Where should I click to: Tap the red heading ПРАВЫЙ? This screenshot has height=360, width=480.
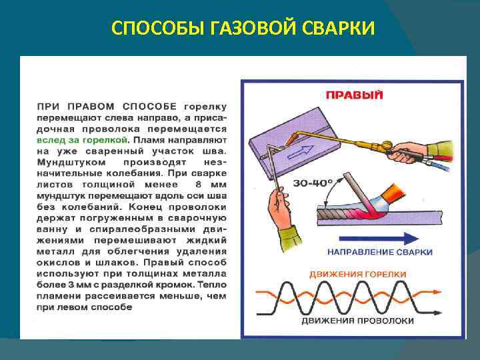(x=354, y=95)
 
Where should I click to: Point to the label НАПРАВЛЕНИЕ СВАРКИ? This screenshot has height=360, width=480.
(x=380, y=252)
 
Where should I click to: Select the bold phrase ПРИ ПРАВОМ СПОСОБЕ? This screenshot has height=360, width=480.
(x=107, y=106)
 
